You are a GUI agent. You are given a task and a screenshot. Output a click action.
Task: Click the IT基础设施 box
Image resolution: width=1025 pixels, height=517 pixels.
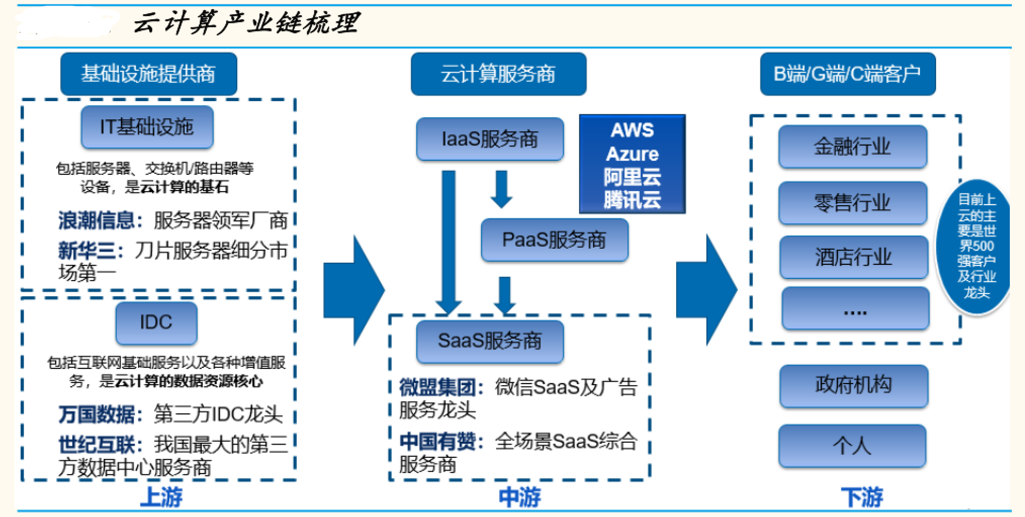(x=147, y=127)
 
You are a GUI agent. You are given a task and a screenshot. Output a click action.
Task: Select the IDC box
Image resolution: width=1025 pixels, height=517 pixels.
(x=156, y=322)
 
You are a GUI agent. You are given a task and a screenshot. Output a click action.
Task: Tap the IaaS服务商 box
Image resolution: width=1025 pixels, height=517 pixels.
(x=489, y=139)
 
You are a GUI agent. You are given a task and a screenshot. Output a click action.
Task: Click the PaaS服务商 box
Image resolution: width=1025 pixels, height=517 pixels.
(x=554, y=240)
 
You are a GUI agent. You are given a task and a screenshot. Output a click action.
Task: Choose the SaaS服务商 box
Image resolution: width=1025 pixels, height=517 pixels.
(x=489, y=341)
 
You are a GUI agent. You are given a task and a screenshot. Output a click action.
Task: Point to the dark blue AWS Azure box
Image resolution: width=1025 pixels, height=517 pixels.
(x=632, y=164)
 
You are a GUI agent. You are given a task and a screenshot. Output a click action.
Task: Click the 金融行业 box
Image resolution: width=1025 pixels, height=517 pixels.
(x=853, y=147)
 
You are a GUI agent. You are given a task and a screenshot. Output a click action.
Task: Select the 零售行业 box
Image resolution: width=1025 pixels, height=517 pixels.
(x=853, y=203)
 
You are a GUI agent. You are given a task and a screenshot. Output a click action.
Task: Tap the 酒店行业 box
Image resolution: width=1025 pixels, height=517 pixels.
(x=854, y=257)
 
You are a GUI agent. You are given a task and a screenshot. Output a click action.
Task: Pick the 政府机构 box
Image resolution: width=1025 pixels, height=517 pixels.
(x=854, y=386)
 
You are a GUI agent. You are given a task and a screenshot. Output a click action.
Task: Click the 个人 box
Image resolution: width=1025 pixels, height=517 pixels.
(x=853, y=446)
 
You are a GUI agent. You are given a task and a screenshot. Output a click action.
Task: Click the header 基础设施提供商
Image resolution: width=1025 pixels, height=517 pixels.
(x=149, y=74)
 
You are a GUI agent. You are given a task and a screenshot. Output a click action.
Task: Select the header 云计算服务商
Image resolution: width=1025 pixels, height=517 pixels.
(x=499, y=74)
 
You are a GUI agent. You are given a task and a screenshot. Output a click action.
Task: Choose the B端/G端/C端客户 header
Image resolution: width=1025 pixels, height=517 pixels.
(x=848, y=74)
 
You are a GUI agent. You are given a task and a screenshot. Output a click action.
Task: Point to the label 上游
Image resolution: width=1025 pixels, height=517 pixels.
(x=161, y=497)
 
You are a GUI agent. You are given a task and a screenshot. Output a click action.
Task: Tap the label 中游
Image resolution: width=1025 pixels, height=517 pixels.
(x=520, y=497)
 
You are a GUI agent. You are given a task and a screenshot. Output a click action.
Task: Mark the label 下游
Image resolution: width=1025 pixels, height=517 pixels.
(x=862, y=497)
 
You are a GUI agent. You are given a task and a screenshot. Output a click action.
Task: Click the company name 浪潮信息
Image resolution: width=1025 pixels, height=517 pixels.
(x=96, y=220)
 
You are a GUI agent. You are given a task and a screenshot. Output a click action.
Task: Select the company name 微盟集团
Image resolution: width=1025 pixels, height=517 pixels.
(x=437, y=388)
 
